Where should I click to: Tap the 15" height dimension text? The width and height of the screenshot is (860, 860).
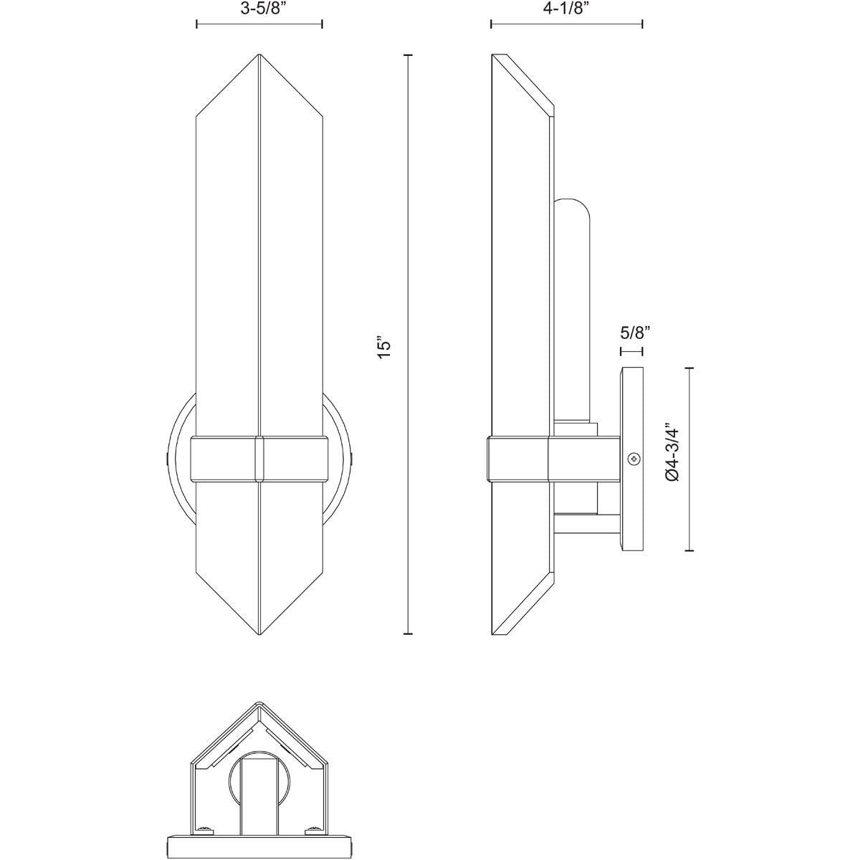click(x=386, y=347)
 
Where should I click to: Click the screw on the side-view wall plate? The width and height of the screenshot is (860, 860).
click(x=633, y=459)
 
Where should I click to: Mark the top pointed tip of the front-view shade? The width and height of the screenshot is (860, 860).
click(x=259, y=55)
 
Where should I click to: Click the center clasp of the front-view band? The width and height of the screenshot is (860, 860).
click(x=259, y=459)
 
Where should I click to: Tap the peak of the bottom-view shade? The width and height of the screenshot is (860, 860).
click(x=259, y=705)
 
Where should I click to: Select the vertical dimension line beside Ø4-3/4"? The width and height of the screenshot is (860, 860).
click(x=689, y=459)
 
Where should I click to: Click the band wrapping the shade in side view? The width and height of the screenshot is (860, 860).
click(x=519, y=459)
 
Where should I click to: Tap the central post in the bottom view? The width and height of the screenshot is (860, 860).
click(x=259, y=788)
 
